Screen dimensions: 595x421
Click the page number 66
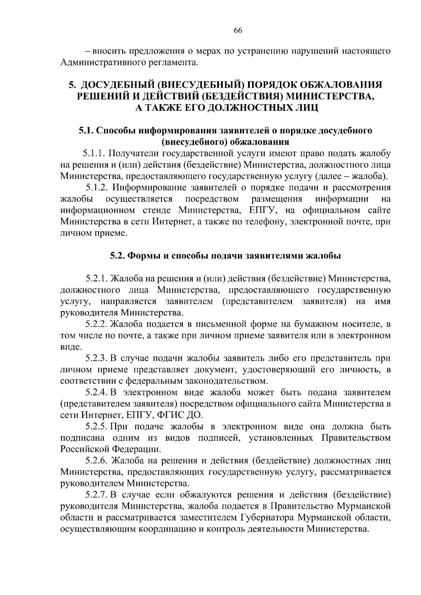pos(238,30)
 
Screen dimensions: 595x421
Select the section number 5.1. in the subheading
pos(86,131)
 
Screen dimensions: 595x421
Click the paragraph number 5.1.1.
pos(94,153)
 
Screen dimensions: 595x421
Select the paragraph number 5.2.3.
pos(96,358)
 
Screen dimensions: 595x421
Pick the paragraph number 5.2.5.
pos(96,427)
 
